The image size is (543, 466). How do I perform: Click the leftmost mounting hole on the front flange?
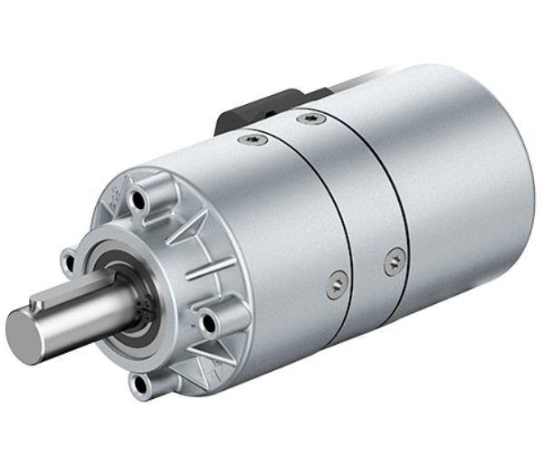[69, 262]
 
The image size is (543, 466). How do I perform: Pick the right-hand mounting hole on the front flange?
[208, 321]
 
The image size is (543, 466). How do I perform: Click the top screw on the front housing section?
[252, 140]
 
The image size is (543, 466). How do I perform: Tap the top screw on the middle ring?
[311, 119]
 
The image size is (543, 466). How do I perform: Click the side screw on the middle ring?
[394, 262]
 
